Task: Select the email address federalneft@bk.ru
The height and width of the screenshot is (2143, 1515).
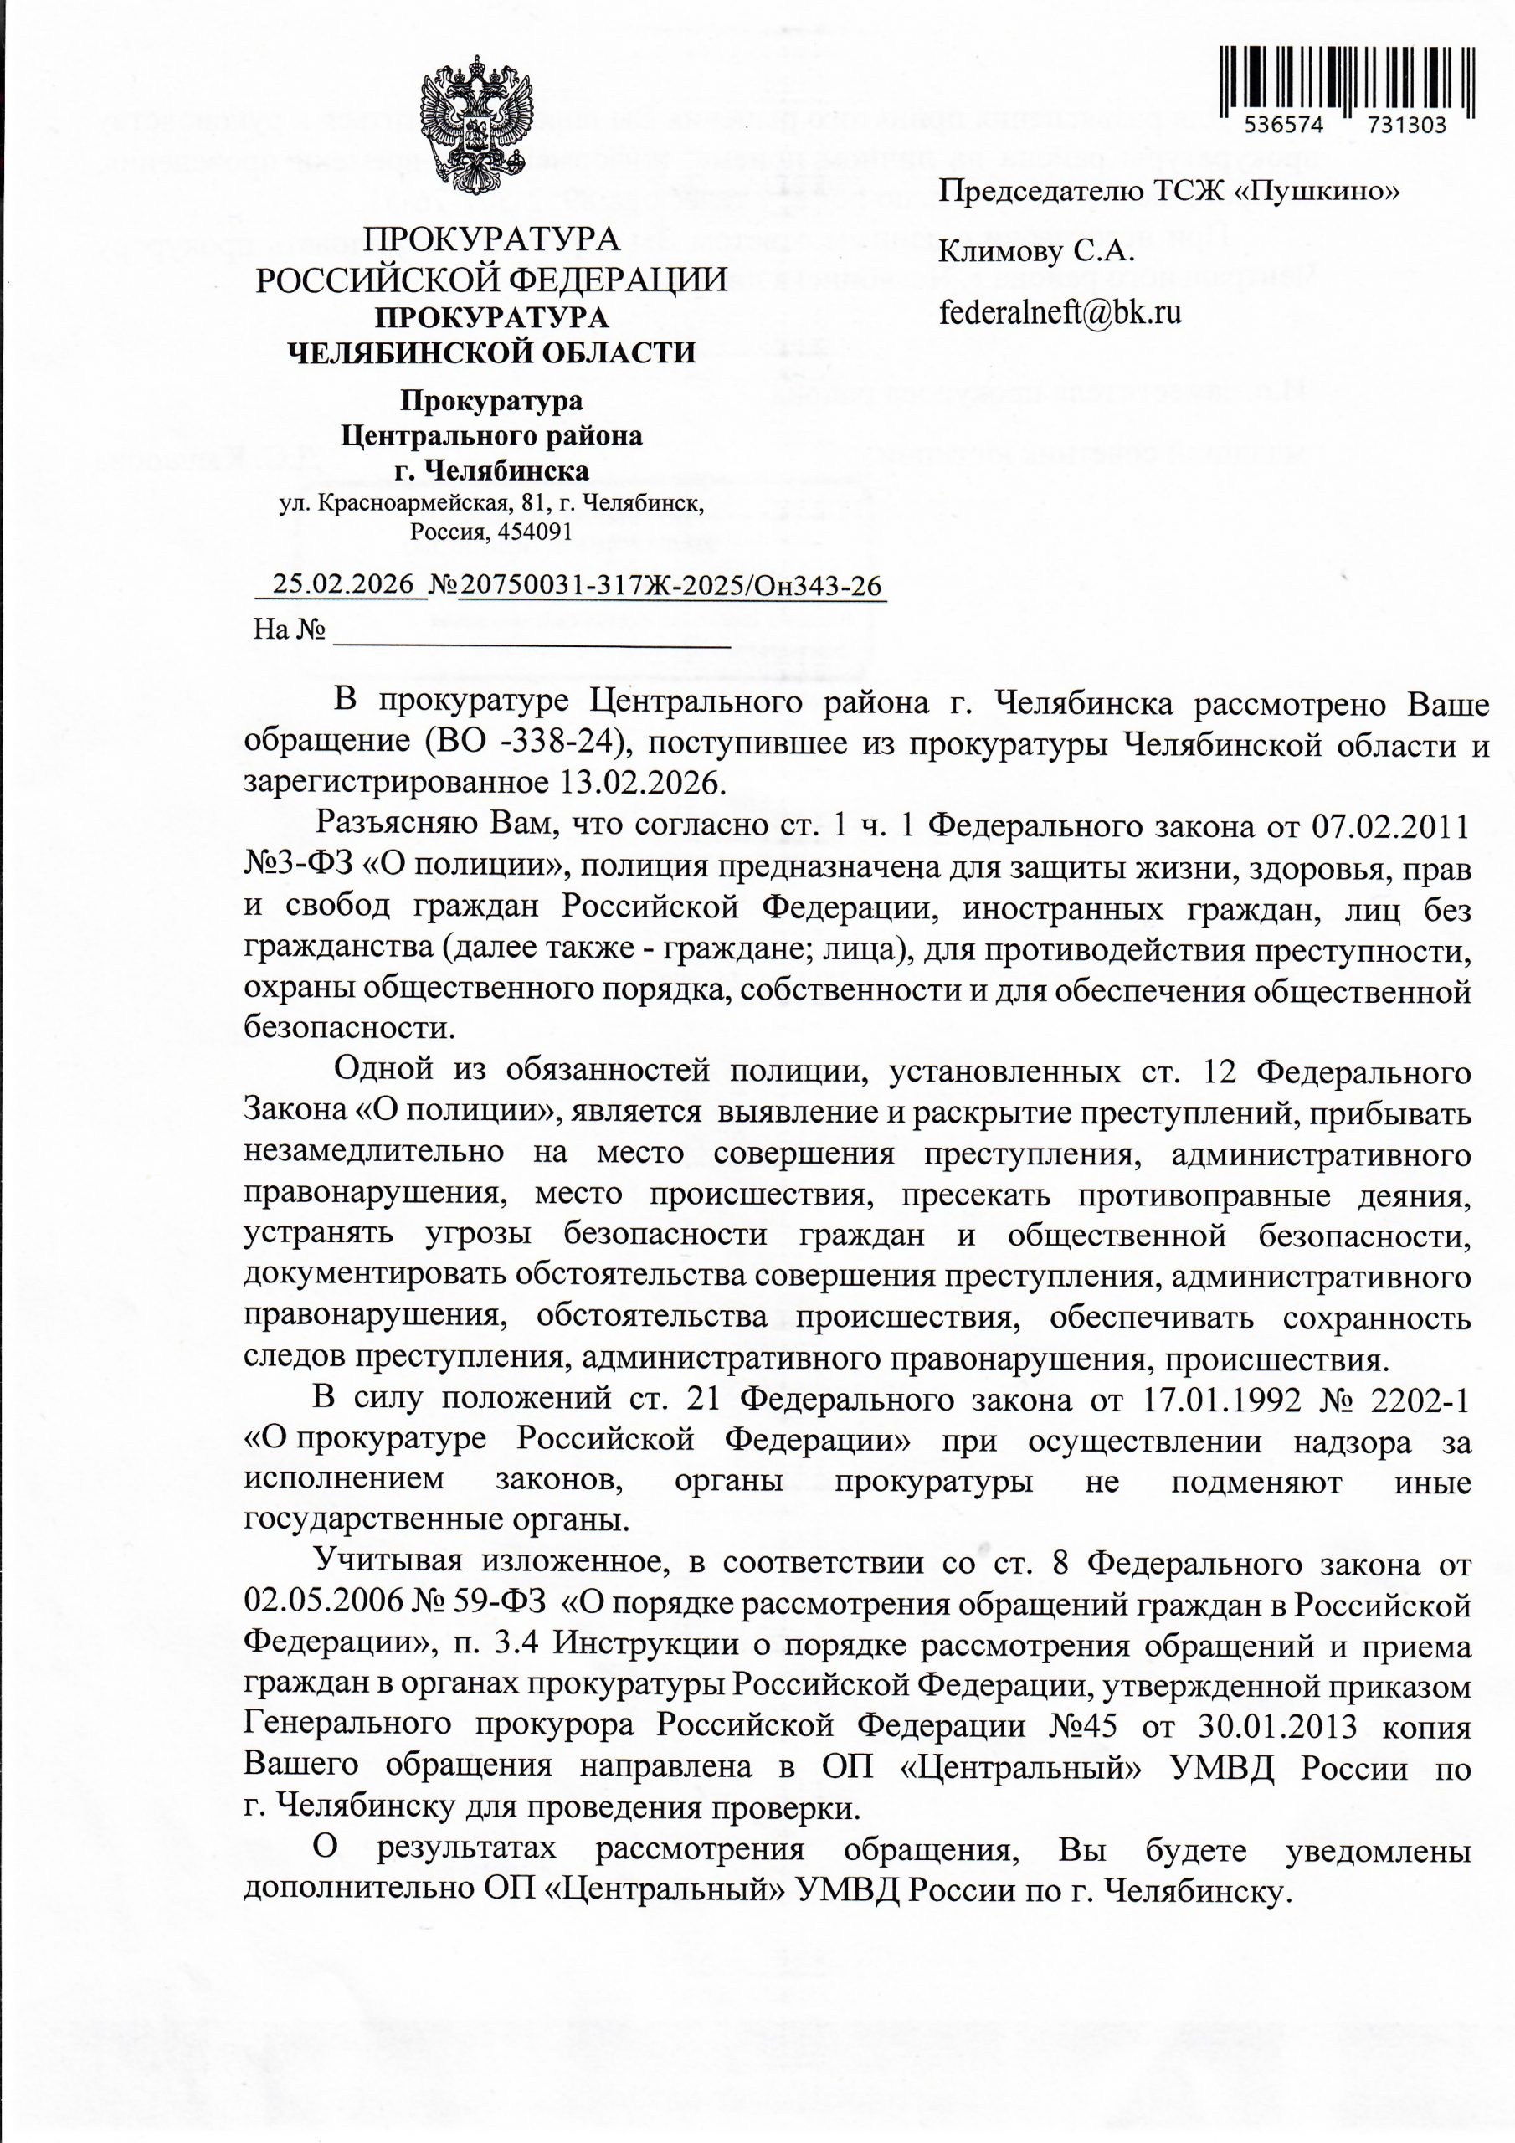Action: pyautogui.click(x=1060, y=311)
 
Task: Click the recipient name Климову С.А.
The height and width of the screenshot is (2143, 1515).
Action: pyautogui.click(x=1035, y=251)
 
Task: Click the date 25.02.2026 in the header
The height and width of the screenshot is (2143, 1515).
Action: pyautogui.click(x=343, y=584)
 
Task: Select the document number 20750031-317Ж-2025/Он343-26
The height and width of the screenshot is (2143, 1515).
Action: pyautogui.click(x=670, y=585)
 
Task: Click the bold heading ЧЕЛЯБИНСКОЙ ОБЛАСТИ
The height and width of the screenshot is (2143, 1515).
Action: pyautogui.click(x=491, y=352)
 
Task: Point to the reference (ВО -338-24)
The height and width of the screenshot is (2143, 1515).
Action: pyautogui.click(x=524, y=745)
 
